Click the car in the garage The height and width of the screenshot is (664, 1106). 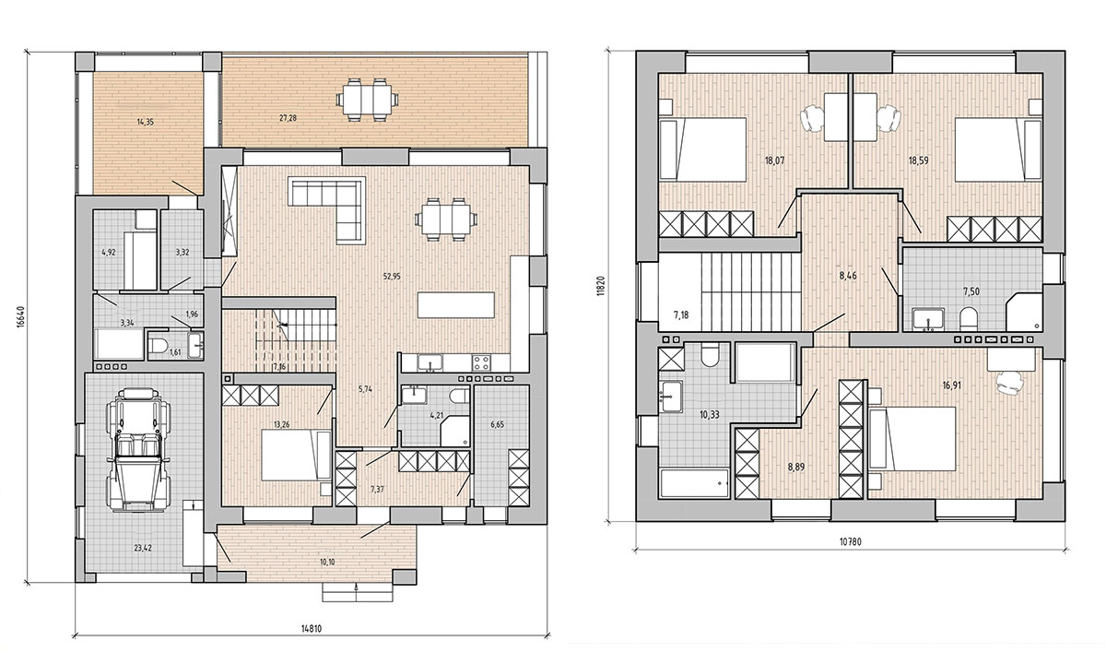point(139,450)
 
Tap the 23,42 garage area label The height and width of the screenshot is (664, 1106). point(143,548)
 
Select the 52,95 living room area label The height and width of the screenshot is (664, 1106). point(392,276)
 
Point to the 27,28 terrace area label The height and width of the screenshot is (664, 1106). point(288,118)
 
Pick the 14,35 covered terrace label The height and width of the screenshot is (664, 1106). point(146,122)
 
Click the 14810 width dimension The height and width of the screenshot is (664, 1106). point(312,629)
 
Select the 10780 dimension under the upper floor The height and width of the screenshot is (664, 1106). point(850,541)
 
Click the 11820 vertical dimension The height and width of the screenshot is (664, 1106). point(600,285)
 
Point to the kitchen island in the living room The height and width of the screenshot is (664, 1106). point(455,305)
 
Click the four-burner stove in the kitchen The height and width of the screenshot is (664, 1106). point(481,363)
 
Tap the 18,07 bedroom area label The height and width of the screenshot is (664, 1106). point(775,160)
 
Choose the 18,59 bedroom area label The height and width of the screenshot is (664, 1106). point(918,160)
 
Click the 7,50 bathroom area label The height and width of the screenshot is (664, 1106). point(971,291)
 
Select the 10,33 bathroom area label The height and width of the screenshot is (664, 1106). point(710,415)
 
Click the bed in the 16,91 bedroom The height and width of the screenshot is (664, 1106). point(912,438)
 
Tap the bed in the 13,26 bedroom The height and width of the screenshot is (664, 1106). point(296,455)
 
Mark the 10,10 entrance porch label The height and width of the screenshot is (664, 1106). point(327,562)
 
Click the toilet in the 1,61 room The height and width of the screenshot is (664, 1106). point(159,345)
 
